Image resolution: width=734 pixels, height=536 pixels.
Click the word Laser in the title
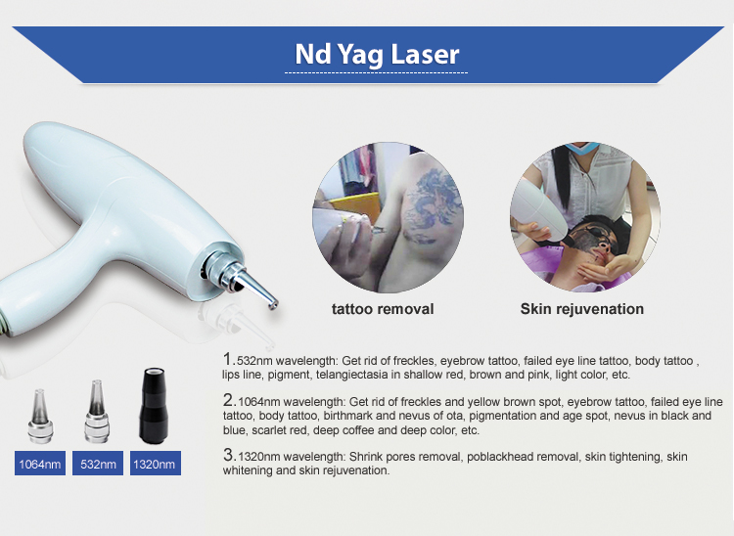[x=425, y=54]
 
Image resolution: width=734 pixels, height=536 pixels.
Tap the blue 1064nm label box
[x=40, y=464]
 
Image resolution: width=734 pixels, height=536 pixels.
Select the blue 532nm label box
[x=98, y=464]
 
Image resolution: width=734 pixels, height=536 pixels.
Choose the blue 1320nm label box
[x=156, y=464]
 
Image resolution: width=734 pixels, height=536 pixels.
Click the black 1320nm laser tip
[x=153, y=406]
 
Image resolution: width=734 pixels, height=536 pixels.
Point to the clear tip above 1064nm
[x=40, y=416]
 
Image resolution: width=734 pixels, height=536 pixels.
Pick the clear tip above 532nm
[x=97, y=411]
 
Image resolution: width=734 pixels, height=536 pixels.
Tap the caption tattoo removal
[x=383, y=309]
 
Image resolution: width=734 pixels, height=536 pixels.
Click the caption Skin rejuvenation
[x=582, y=309]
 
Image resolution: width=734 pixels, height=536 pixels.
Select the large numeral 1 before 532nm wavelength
[x=228, y=359]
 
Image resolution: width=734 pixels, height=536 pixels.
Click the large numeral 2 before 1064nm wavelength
[x=229, y=400]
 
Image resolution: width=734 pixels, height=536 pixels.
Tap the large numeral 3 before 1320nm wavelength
[x=229, y=455]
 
